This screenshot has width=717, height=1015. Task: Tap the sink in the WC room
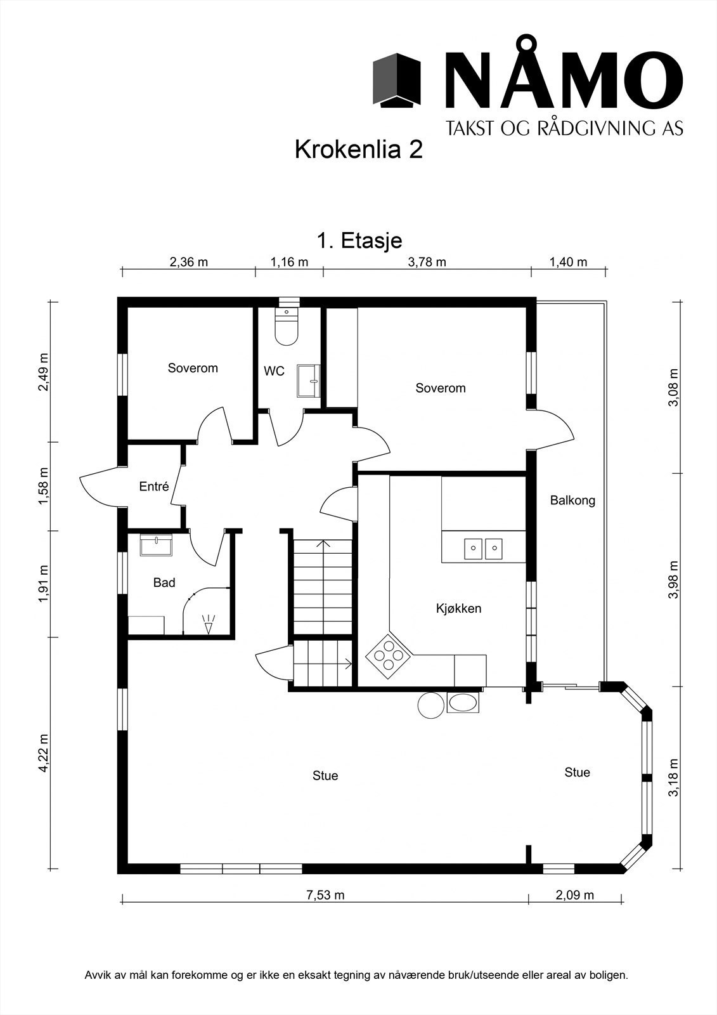(x=309, y=381)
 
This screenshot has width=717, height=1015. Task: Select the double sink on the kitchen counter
(x=483, y=549)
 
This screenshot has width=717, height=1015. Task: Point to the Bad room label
(x=164, y=582)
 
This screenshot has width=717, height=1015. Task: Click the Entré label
(x=154, y=486)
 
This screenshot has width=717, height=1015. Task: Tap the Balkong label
(x=572, y=501)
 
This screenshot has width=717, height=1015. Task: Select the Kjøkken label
(x=458, y=608)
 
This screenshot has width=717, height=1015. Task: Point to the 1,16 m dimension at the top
(x=290, y=262)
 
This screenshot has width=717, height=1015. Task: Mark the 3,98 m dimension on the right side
(x=673, y=580)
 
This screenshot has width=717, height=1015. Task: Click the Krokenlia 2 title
(x=359, y=149)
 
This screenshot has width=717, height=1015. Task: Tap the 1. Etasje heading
(x=359, y=240)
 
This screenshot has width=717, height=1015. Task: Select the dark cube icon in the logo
(x=397, y=81)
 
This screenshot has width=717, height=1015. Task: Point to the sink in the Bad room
(x=156, y=545)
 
